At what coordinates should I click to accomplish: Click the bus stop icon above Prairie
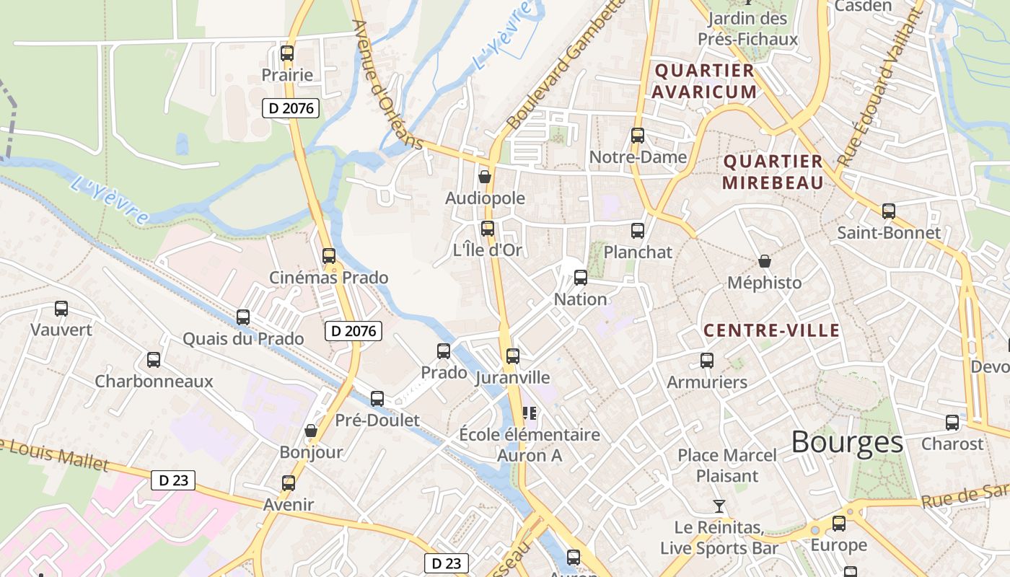287,53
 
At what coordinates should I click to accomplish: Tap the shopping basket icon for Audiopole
485,176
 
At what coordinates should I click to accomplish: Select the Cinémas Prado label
328,278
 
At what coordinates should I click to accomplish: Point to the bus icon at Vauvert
61,309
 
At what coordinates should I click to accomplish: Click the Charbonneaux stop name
154,382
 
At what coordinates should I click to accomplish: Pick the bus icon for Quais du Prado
243,317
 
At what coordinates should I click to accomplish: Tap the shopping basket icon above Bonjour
311,431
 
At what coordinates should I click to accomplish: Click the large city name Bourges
847,442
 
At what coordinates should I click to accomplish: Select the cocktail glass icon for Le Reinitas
719,506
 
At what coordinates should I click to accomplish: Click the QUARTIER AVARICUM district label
705,82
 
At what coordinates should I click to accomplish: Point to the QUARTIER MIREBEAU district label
773,172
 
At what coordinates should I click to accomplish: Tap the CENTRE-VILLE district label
771,331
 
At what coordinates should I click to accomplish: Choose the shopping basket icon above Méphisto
765,261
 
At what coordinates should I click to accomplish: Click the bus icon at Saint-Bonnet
889,211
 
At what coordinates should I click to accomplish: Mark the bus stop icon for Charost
952,422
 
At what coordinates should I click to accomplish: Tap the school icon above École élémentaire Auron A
530,413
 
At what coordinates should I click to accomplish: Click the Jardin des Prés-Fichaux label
747,29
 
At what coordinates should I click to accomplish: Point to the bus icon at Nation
580,277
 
